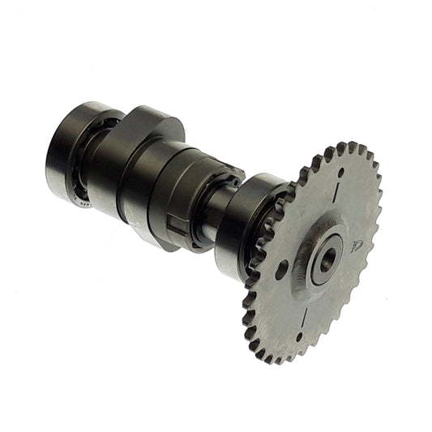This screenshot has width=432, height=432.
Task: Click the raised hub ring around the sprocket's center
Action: coord(312,261)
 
